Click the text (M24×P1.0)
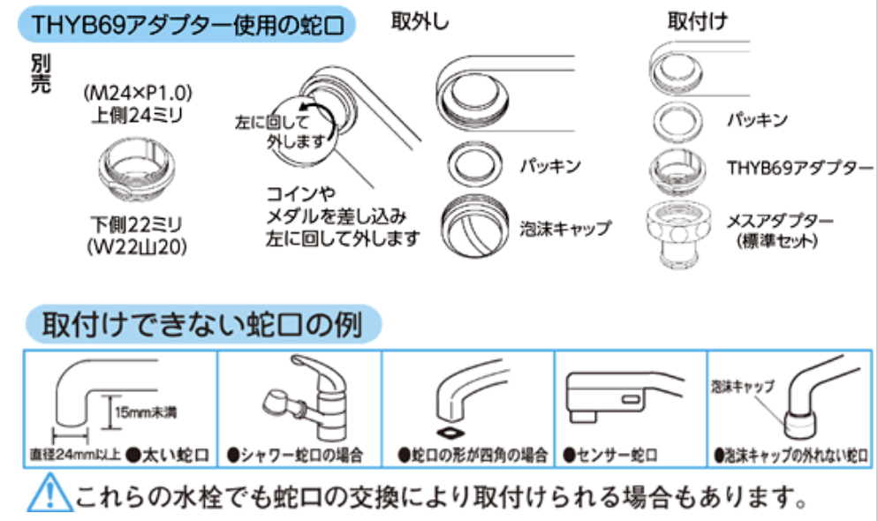pos(139,92)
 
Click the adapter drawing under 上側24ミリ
pos(138,167)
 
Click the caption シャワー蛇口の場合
pos(300,457)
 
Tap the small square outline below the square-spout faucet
pos(453,434)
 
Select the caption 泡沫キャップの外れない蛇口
pos(791,457)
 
